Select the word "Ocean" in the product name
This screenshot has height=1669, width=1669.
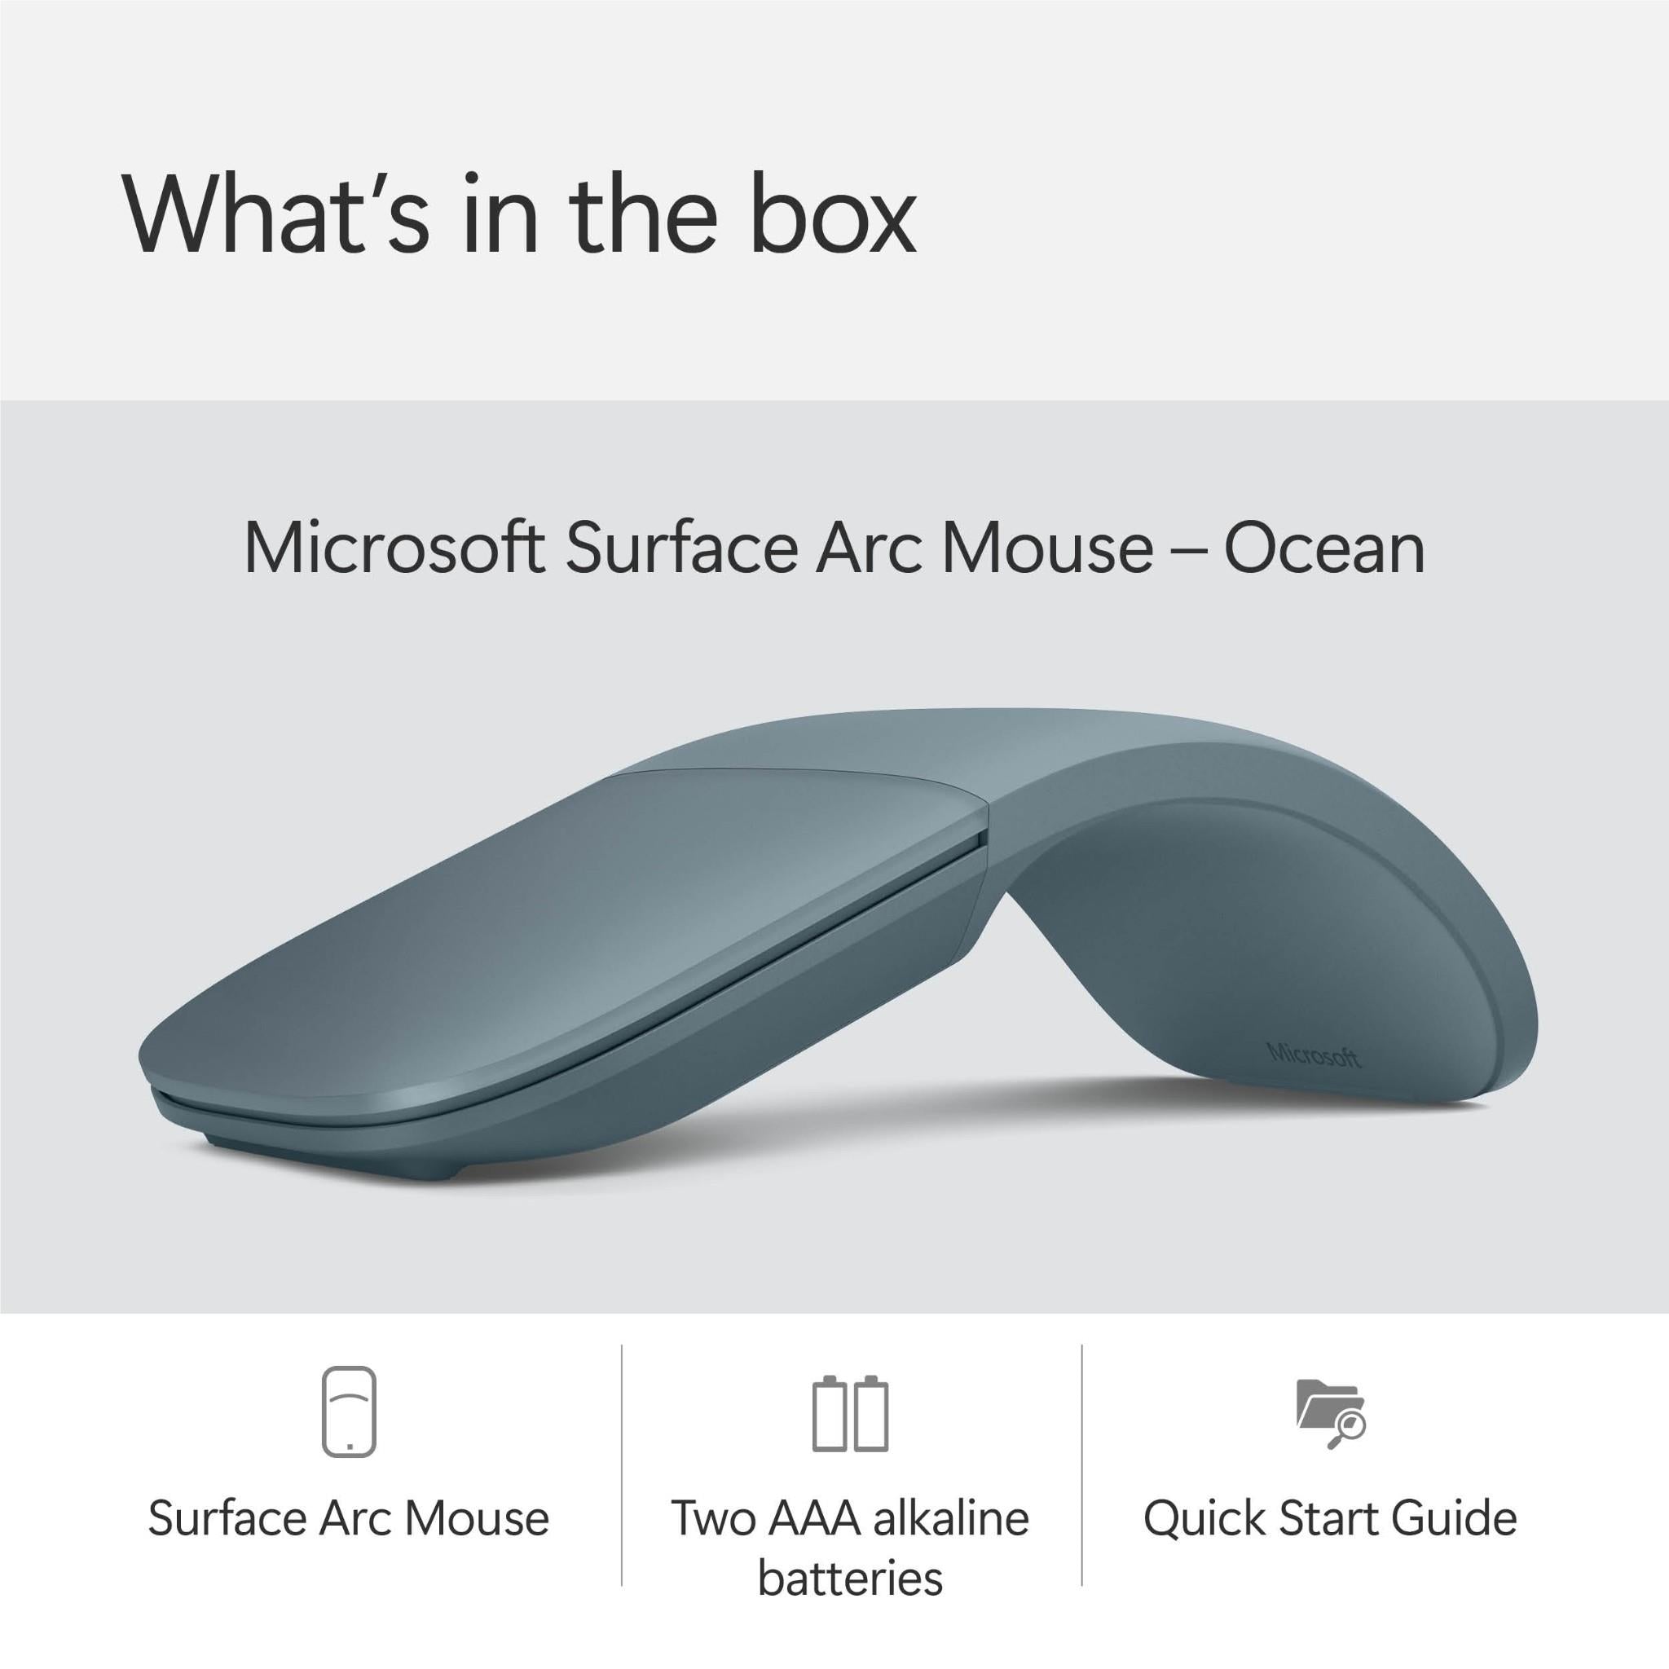click(x=1323, y=548)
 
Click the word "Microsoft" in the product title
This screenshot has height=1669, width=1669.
click(x=394, y=548)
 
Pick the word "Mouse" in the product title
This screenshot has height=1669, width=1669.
click(x=1047, y=548)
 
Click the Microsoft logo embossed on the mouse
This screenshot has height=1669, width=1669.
click(x=1313, y=1055)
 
